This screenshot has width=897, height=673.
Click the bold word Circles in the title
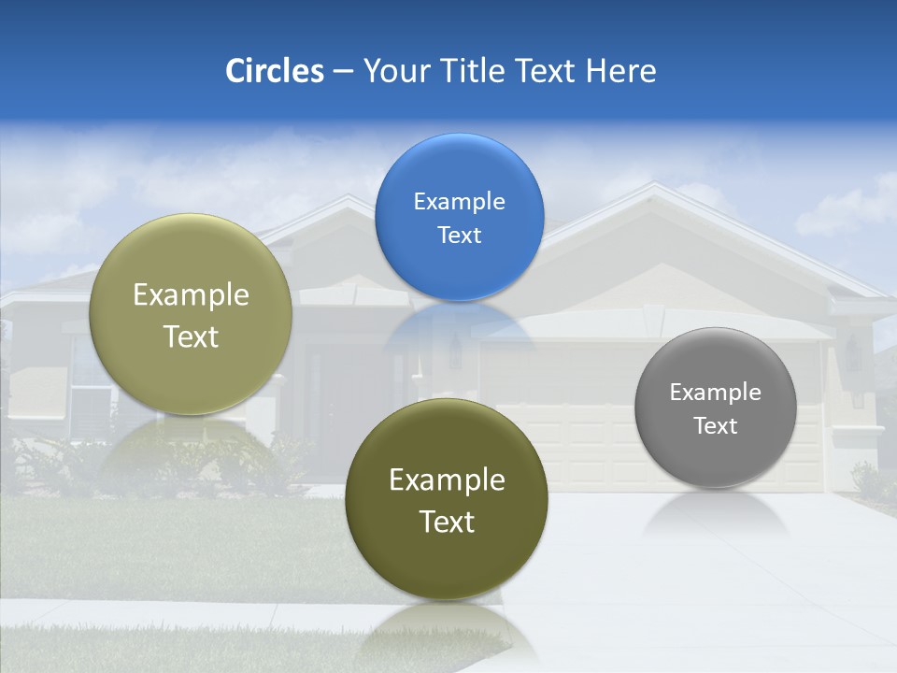click(x=275, y=71)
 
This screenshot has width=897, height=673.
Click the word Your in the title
click(x=395, y=71)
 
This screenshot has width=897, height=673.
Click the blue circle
click(x=459, y=217)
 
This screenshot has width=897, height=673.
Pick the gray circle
click(x=715, y=408)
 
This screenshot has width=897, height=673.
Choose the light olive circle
click(x=191, y=314)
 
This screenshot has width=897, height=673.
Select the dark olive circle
click(x=447, y=499)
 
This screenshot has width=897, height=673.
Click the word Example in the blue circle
click(x=459, y=201)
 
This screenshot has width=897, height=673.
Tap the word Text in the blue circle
click(x=459, y=235)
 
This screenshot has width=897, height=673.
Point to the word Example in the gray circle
click(x=715, y=392)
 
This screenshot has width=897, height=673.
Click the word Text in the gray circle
click(x=715, y=425)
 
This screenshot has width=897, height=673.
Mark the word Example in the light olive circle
click(x=191, y=294)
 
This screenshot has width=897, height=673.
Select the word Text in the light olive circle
click(x=191, y=336)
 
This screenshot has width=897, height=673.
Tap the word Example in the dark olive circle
click(x=447, y=480)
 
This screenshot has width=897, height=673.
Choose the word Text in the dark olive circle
click(x=447, y=522)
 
